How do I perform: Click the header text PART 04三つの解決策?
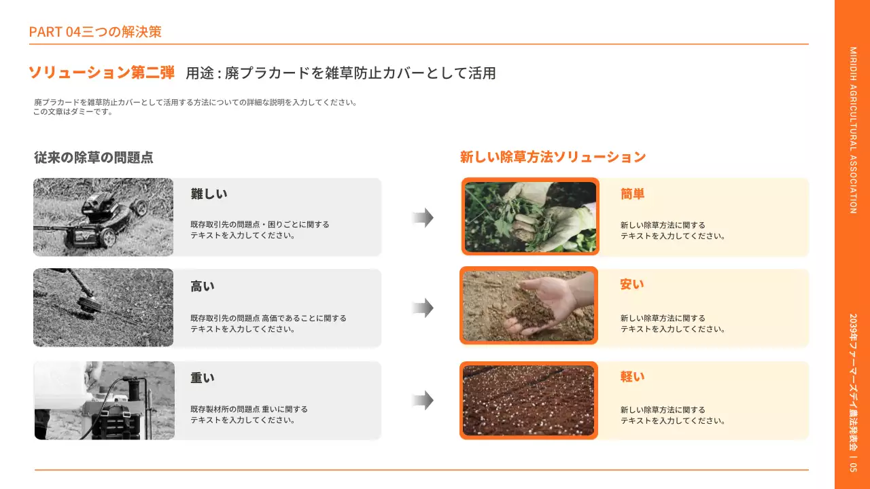tap(95, 31)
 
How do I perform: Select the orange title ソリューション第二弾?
tap(101, 73)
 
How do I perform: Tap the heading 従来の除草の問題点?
tap(94, 157)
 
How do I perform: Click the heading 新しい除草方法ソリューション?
tap(553, 157)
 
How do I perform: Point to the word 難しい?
tap(209, 194)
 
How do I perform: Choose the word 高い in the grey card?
tap(202, 286)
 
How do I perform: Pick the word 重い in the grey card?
tap(202, 378)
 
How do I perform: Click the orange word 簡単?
tap(632, 194)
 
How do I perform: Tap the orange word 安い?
tap(631, 285)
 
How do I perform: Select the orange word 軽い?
tap(632, 377)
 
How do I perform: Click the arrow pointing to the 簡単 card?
tap(423, 217)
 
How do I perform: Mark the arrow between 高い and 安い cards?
tap(423, 308)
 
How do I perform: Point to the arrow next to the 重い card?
tap(423, 401)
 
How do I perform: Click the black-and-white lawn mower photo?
tap(103, 217)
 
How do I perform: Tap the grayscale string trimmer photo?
tap(103, 308)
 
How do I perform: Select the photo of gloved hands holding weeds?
tap(530, 217)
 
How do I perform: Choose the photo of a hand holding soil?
tap(529, 306)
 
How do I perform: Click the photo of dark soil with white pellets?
tap(529, 401)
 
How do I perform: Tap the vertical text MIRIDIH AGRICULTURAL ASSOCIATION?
tap(853, 130)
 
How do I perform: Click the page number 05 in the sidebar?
tap(853, 469)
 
